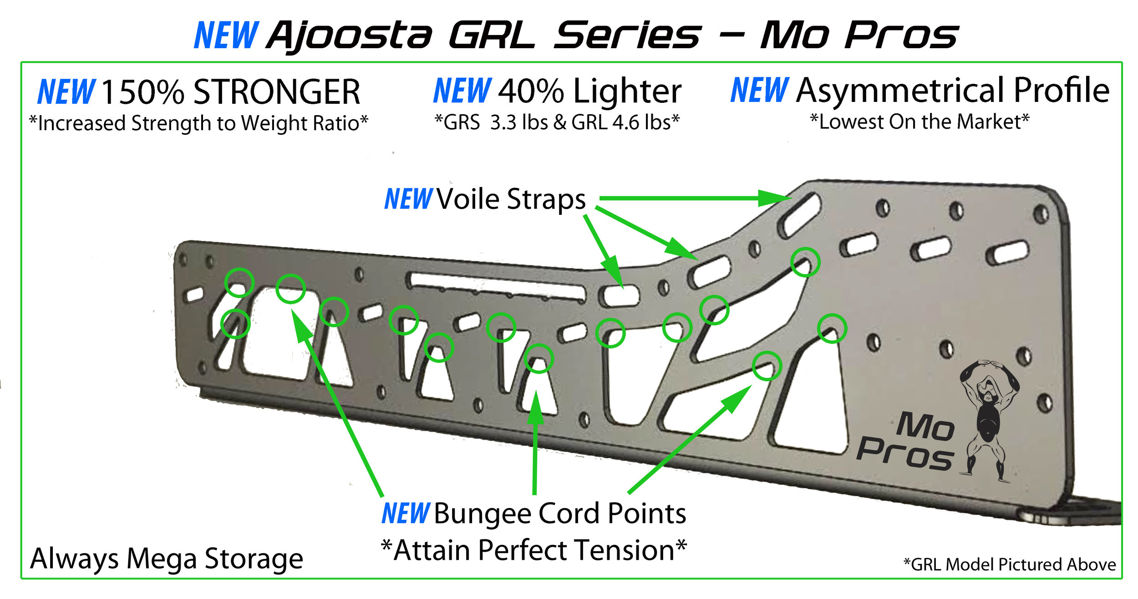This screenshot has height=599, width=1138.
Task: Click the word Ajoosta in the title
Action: pos(349,36)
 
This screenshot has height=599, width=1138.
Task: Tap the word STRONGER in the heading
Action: pos(277,92)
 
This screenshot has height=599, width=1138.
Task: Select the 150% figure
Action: pos(143,92)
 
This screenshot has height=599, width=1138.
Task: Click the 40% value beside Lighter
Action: pos(531,91)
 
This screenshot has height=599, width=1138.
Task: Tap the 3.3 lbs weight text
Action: pos(519,122)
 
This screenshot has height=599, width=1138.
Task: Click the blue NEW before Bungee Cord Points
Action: pos(405,513)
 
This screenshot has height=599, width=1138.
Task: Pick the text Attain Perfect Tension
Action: pos(534,550)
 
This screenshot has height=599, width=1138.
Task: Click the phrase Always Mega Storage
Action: pos(167,559)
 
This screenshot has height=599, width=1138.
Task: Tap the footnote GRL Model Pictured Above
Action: pos(1013,564)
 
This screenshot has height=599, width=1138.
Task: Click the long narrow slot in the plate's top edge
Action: pos(497,286)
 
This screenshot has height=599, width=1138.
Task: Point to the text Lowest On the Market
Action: pos(920,122)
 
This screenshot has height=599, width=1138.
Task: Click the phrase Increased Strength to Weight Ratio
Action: pos(198,123)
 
